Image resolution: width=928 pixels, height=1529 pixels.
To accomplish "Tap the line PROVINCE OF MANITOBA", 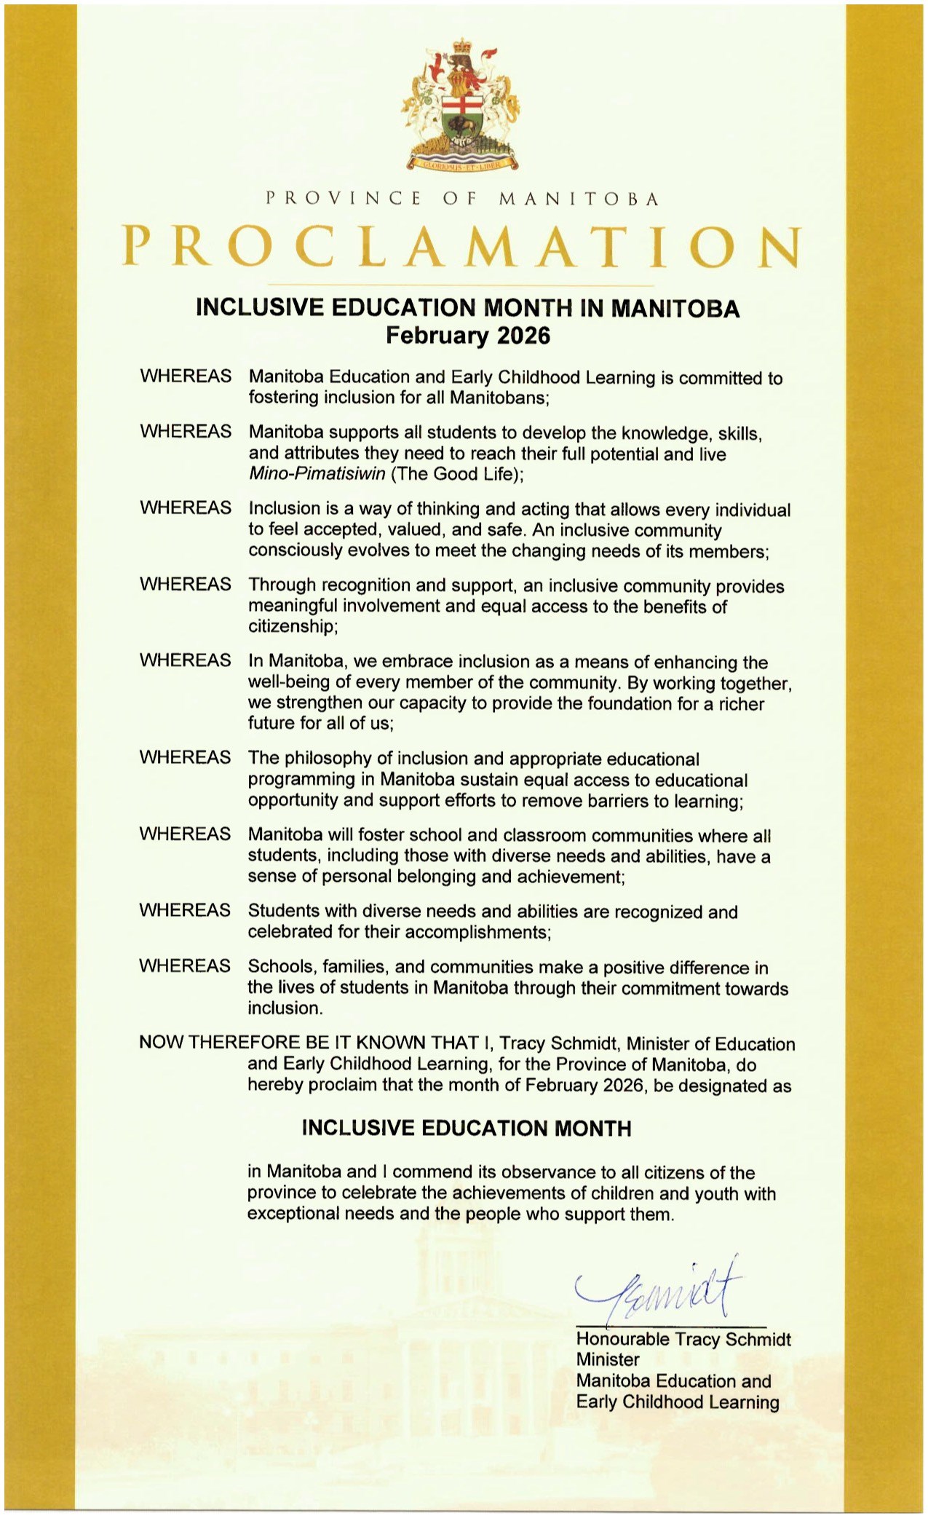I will (463, 199).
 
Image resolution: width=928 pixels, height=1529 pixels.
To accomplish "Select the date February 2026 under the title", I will (467, 336).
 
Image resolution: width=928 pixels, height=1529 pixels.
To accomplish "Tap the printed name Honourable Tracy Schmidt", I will (683, 1339).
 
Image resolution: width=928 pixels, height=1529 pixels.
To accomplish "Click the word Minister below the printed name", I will (608, 1359).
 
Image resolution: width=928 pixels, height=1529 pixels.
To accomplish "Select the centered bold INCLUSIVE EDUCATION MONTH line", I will (467, 1129).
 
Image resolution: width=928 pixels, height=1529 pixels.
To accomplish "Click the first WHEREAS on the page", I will (186, 376).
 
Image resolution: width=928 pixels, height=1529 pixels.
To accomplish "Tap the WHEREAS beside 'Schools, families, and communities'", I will (185, 965).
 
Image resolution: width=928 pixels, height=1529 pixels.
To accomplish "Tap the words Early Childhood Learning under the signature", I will (677, 1402).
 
